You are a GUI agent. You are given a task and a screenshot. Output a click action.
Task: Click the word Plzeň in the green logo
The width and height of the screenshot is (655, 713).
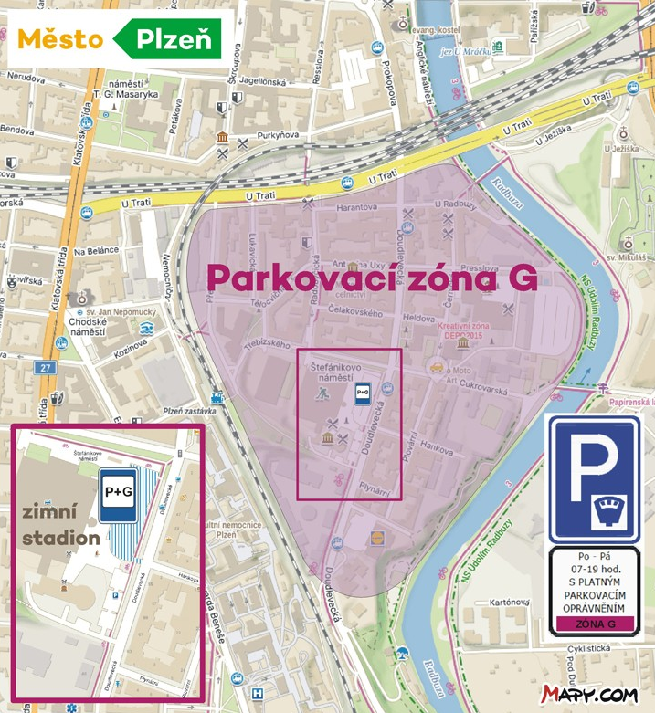pyautogui.click(x=174, y=39)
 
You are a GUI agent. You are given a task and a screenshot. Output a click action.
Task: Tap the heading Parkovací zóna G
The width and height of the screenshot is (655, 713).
pyautogui.click(x=370, y=277)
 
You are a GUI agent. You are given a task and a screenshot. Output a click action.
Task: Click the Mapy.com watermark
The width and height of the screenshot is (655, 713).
pyautogui.click(x=589, y=695)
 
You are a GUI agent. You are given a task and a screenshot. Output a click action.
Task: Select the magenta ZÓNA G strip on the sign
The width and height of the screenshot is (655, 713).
pyautogui.click(x=593, y=624)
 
